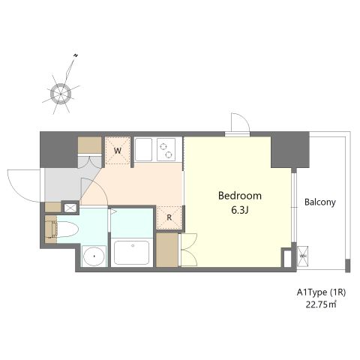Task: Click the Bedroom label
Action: tap(240, 196)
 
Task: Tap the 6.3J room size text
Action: tap(240, 210)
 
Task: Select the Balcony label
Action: tap(320, 202)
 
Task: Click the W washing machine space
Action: tap(118, 151)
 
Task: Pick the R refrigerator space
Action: tap(169, 217)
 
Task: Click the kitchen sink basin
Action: tap(143, 149)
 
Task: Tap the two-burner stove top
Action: tap(166, 149)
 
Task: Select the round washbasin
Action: tap(94, 256)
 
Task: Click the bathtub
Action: tap(132, 253)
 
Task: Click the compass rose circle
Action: tap(61, 94)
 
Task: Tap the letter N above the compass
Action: tap(75, 55)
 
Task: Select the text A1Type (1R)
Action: tap(321, 292)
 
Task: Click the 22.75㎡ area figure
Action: tap(321, 304)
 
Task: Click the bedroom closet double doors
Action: tap(189, 250)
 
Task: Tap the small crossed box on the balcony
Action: tap(302, 256)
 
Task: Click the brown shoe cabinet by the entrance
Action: tap(89, 145)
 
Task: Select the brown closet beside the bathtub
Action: tap(167, 250)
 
